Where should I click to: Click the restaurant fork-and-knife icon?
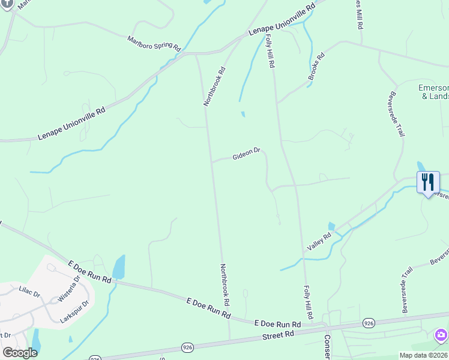coord(427,182)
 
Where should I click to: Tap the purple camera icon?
coord(441,335)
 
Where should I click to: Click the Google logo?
coord(19,353)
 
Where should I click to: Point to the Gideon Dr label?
coord(246,154)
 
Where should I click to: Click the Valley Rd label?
coord(319,242)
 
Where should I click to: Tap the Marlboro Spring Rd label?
coord(154,43)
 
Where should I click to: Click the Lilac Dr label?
coord(29,294)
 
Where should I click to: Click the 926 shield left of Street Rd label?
coord(187,347)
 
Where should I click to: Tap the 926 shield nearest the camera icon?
coord(369,323)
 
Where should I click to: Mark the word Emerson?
coord(433,88)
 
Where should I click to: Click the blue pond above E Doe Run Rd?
coord(119,266)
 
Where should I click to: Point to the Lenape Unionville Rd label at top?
coord(282,23)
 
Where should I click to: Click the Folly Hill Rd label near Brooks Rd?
coord(270,50)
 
